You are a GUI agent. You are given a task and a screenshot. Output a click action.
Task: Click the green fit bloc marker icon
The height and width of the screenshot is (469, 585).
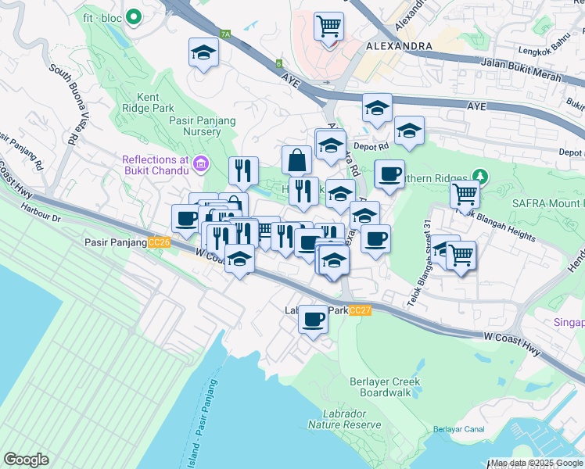click(134, 15)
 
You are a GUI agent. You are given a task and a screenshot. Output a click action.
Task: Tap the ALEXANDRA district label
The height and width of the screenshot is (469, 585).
click(398, 46)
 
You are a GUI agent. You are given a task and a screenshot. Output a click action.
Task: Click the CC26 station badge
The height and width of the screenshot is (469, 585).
click(159, 243)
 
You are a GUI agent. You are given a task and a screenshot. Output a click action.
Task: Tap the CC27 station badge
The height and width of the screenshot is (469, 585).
click(361, 310)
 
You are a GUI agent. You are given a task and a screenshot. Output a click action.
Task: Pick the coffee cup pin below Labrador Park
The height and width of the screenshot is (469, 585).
click(314, 319)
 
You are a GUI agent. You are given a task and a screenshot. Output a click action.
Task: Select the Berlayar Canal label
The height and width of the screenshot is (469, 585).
click(455, 430)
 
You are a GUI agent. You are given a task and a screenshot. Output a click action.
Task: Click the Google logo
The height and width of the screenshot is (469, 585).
click(26, 459)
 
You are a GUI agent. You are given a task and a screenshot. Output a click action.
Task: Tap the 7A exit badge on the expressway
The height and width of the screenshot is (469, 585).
click(226, 34)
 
